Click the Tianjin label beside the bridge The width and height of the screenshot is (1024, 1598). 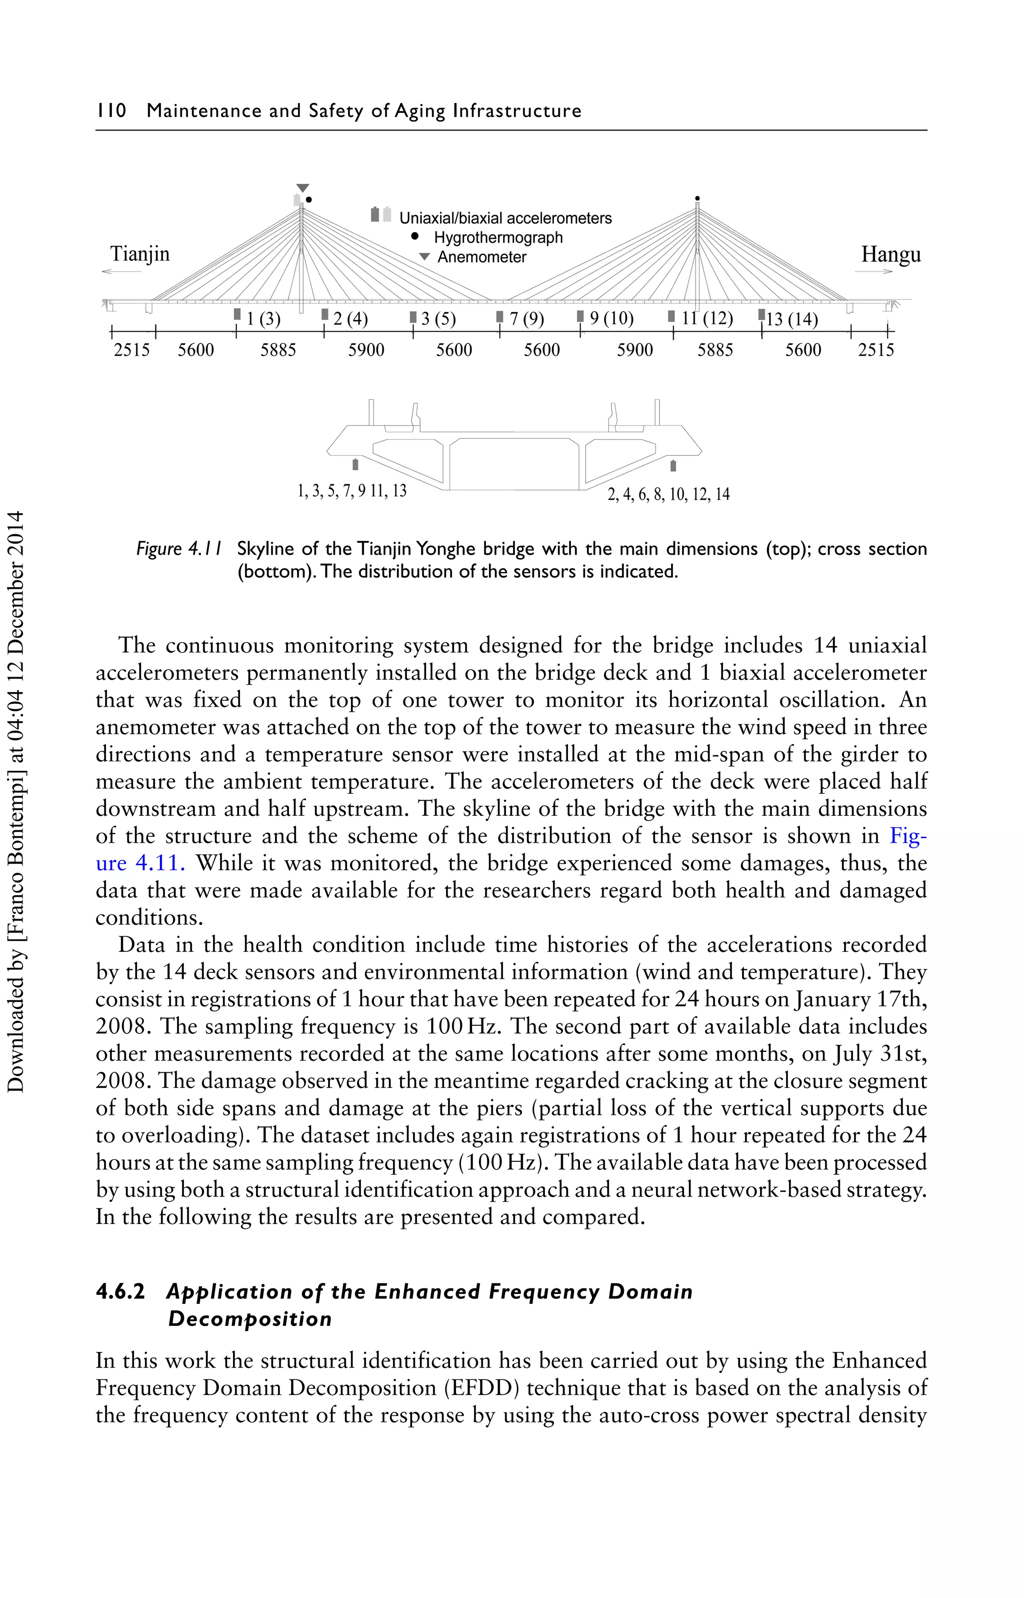point(139,254)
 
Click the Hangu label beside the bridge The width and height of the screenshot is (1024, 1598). point(890,254)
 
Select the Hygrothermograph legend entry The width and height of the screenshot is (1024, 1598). point(497,238)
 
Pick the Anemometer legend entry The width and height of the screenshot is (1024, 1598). point(481,258)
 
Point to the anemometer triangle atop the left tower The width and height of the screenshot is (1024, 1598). point(302,188)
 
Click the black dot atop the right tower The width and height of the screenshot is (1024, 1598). point(697,198)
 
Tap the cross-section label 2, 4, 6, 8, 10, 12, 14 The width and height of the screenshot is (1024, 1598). point(668,494)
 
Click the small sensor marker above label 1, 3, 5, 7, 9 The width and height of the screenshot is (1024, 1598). point(355,464)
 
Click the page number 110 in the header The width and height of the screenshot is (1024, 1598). point(111,111)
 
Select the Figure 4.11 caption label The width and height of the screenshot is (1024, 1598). point(179,549)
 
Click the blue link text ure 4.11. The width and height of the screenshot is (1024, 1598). point(139,863)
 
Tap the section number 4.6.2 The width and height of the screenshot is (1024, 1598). point(120,1291)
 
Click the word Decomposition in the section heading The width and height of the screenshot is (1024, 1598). point(249,1319)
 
